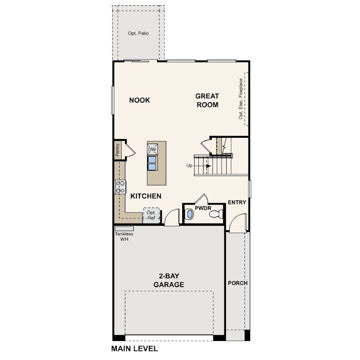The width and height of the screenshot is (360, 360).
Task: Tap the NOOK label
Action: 140,100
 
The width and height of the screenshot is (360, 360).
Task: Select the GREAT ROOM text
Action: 207,100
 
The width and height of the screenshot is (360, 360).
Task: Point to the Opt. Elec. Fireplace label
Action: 241,99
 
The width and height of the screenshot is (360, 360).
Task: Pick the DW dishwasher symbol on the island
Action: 152,149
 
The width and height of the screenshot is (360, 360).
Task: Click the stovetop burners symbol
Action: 120,187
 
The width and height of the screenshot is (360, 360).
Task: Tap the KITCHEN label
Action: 146,196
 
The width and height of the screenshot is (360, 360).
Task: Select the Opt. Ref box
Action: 151,216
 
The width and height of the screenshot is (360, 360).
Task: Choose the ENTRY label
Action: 237,203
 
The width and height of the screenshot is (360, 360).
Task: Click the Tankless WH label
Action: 124,236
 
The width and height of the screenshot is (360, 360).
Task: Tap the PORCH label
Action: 238,283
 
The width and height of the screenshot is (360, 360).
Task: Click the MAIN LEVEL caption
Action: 135,348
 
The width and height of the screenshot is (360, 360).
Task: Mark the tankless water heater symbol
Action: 124,228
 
